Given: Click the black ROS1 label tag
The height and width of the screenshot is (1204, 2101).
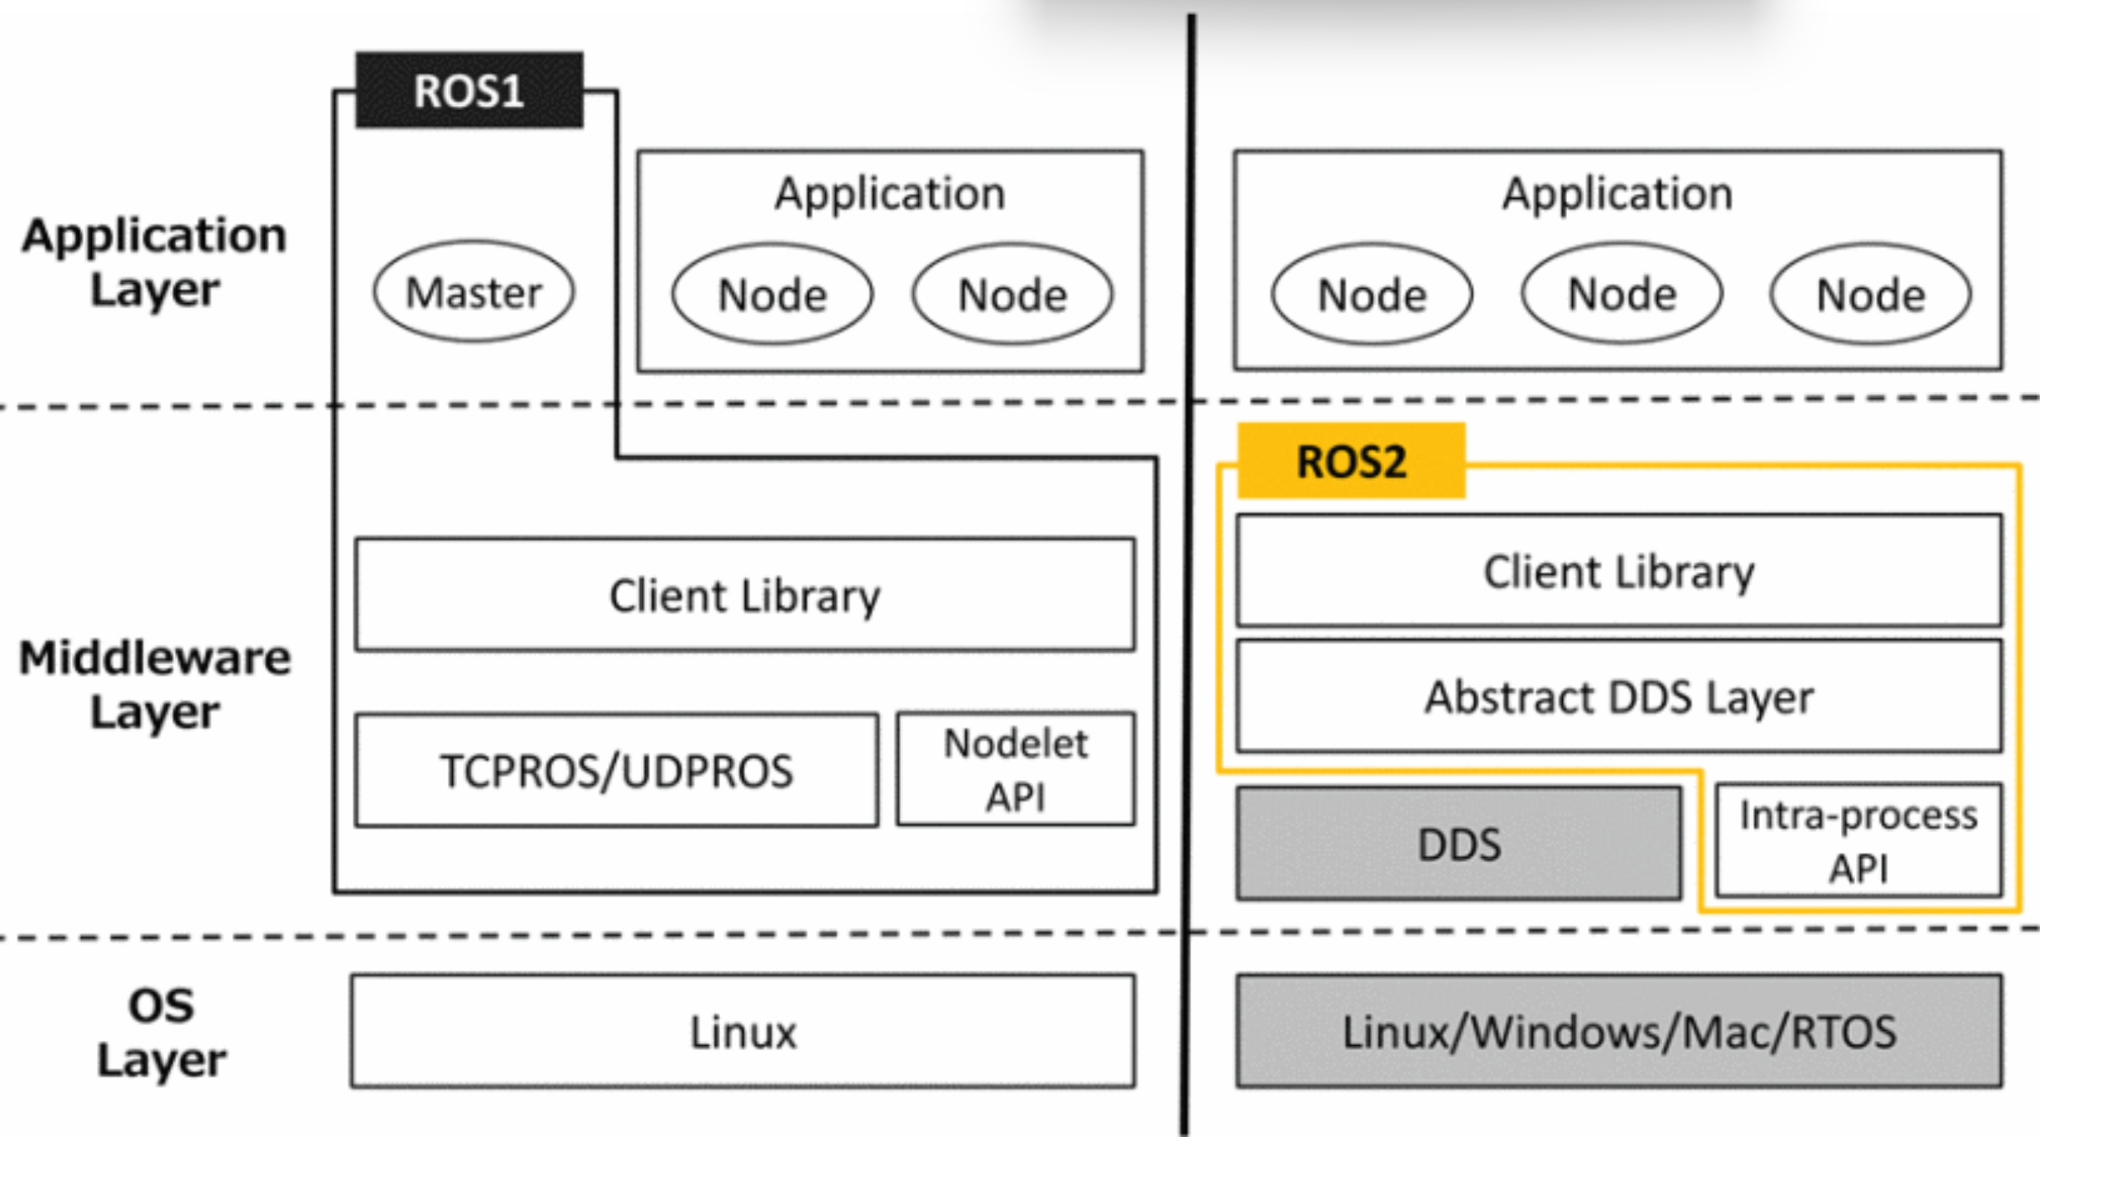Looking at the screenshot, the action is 469,90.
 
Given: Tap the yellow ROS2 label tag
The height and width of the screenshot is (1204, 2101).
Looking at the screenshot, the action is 1351,461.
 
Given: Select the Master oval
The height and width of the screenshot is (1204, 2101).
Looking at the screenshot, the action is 474,291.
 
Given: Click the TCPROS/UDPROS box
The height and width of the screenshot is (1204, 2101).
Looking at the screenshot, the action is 617,770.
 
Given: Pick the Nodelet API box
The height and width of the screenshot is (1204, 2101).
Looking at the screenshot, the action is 1016,769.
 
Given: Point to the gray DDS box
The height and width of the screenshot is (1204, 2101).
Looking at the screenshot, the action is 1459,844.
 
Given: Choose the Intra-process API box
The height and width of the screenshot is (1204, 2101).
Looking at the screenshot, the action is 1858,840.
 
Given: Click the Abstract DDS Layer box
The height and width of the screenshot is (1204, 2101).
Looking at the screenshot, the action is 1619,696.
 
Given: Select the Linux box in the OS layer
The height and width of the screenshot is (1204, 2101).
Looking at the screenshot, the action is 743,1032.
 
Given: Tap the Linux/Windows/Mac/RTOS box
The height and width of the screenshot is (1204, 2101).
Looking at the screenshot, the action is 1619,1032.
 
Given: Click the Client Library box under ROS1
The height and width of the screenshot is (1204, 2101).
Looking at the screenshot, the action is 745,595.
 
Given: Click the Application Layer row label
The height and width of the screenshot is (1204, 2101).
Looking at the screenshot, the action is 155,262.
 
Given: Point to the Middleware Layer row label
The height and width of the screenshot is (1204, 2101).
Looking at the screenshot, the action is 155,684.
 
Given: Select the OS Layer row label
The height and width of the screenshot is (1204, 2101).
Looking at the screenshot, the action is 161,1033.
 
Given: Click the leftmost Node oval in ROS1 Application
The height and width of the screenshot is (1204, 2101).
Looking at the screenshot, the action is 772,294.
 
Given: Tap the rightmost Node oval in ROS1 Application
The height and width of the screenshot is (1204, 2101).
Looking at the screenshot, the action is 1012,294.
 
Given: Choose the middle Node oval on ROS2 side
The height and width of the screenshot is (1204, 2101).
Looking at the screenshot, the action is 1623,293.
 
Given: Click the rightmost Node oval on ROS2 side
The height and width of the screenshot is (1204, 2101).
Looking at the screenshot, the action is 1871,294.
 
